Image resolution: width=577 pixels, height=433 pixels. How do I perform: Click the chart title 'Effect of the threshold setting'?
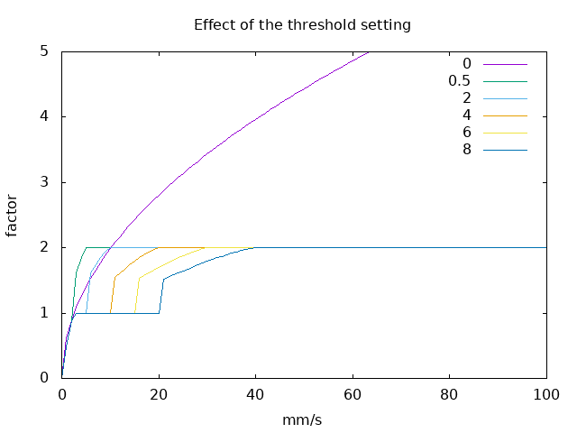pos(302,24)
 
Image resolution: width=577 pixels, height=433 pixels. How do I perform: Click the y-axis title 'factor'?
pos(13,215)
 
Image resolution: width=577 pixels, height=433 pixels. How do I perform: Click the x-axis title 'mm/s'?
pos(304,420)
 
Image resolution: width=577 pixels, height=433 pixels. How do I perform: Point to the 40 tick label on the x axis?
pos(256,393)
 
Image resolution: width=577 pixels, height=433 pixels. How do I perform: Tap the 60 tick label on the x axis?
pos(353,393)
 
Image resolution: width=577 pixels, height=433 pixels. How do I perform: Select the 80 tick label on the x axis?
pos(450,393)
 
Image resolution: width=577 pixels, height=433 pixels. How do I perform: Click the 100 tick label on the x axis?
pos(546,393)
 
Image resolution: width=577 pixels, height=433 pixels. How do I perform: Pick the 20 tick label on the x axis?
pos(159,393)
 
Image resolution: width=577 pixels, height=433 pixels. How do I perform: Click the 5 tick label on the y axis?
pos(43,51)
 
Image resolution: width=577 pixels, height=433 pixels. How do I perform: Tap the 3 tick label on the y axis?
pos(43,182)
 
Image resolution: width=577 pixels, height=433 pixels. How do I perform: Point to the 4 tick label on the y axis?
pos(43,116)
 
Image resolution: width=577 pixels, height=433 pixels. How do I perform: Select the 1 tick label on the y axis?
pos(43,313)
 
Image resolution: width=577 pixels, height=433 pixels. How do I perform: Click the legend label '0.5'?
pos(459,80)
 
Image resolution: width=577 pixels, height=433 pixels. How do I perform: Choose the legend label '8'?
pos(466,149)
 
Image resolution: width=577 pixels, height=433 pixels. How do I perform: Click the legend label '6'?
pos(466,132)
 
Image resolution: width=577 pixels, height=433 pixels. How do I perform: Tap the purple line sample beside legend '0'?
pos(505,64)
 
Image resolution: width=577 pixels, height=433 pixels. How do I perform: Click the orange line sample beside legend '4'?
pos(505,115)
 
